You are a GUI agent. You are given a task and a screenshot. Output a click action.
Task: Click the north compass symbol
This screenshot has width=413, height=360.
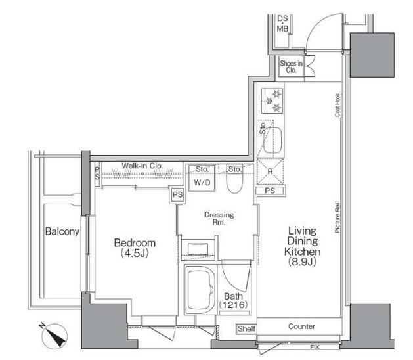point(54,336)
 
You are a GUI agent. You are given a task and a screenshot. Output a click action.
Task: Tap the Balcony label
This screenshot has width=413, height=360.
point(62,231)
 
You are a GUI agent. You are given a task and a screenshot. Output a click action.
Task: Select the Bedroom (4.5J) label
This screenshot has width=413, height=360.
point(135,248)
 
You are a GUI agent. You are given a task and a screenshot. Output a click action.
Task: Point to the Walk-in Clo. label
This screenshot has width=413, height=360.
point(142,166)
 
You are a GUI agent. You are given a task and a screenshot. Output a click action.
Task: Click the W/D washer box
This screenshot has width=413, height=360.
point(202,177)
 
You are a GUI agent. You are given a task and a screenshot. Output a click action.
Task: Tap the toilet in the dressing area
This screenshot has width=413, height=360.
point(234,179)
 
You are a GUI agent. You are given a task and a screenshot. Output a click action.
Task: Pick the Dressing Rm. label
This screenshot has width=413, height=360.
point(219,219)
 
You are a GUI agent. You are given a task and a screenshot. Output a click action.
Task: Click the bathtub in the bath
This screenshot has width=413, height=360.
point(201,290)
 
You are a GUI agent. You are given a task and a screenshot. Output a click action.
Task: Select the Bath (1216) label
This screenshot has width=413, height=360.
point(233,300)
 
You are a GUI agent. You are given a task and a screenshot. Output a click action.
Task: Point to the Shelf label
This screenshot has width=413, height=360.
point(246,329)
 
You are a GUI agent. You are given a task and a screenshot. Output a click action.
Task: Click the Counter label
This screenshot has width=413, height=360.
point(301,326)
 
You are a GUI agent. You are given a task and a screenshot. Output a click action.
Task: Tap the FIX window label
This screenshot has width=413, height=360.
point(315,348)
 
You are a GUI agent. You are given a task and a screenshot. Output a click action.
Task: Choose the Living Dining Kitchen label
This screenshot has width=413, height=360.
point(303,246)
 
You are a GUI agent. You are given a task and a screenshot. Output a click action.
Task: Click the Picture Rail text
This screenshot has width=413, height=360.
point(337,217)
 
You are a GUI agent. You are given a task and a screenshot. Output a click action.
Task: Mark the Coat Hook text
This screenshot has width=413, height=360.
point(338,105)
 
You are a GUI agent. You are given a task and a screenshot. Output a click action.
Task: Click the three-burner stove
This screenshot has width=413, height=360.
point(272,101)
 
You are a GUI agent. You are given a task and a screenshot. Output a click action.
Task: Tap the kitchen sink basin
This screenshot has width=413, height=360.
point(273,140)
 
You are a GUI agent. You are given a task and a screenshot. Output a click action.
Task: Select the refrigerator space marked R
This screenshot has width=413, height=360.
point(271,171)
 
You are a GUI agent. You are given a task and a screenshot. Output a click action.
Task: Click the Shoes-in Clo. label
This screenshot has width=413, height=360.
point(291,66)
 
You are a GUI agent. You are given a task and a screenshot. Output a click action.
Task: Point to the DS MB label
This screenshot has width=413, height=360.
point(282,24)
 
